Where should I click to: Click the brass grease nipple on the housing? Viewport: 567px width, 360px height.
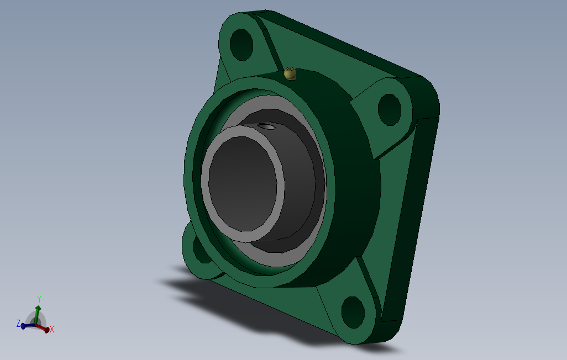(x=290, y=73)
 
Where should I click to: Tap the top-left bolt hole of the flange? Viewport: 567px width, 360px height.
(x=241, y=45)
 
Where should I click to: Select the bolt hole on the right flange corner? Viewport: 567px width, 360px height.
(x=390, y=110)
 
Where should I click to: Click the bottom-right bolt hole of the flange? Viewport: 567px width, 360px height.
(x=353, y=313)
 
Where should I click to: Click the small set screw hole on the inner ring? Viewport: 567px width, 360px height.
(x=266, y=126)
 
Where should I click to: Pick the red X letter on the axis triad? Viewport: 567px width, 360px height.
(x=52, y=329)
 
